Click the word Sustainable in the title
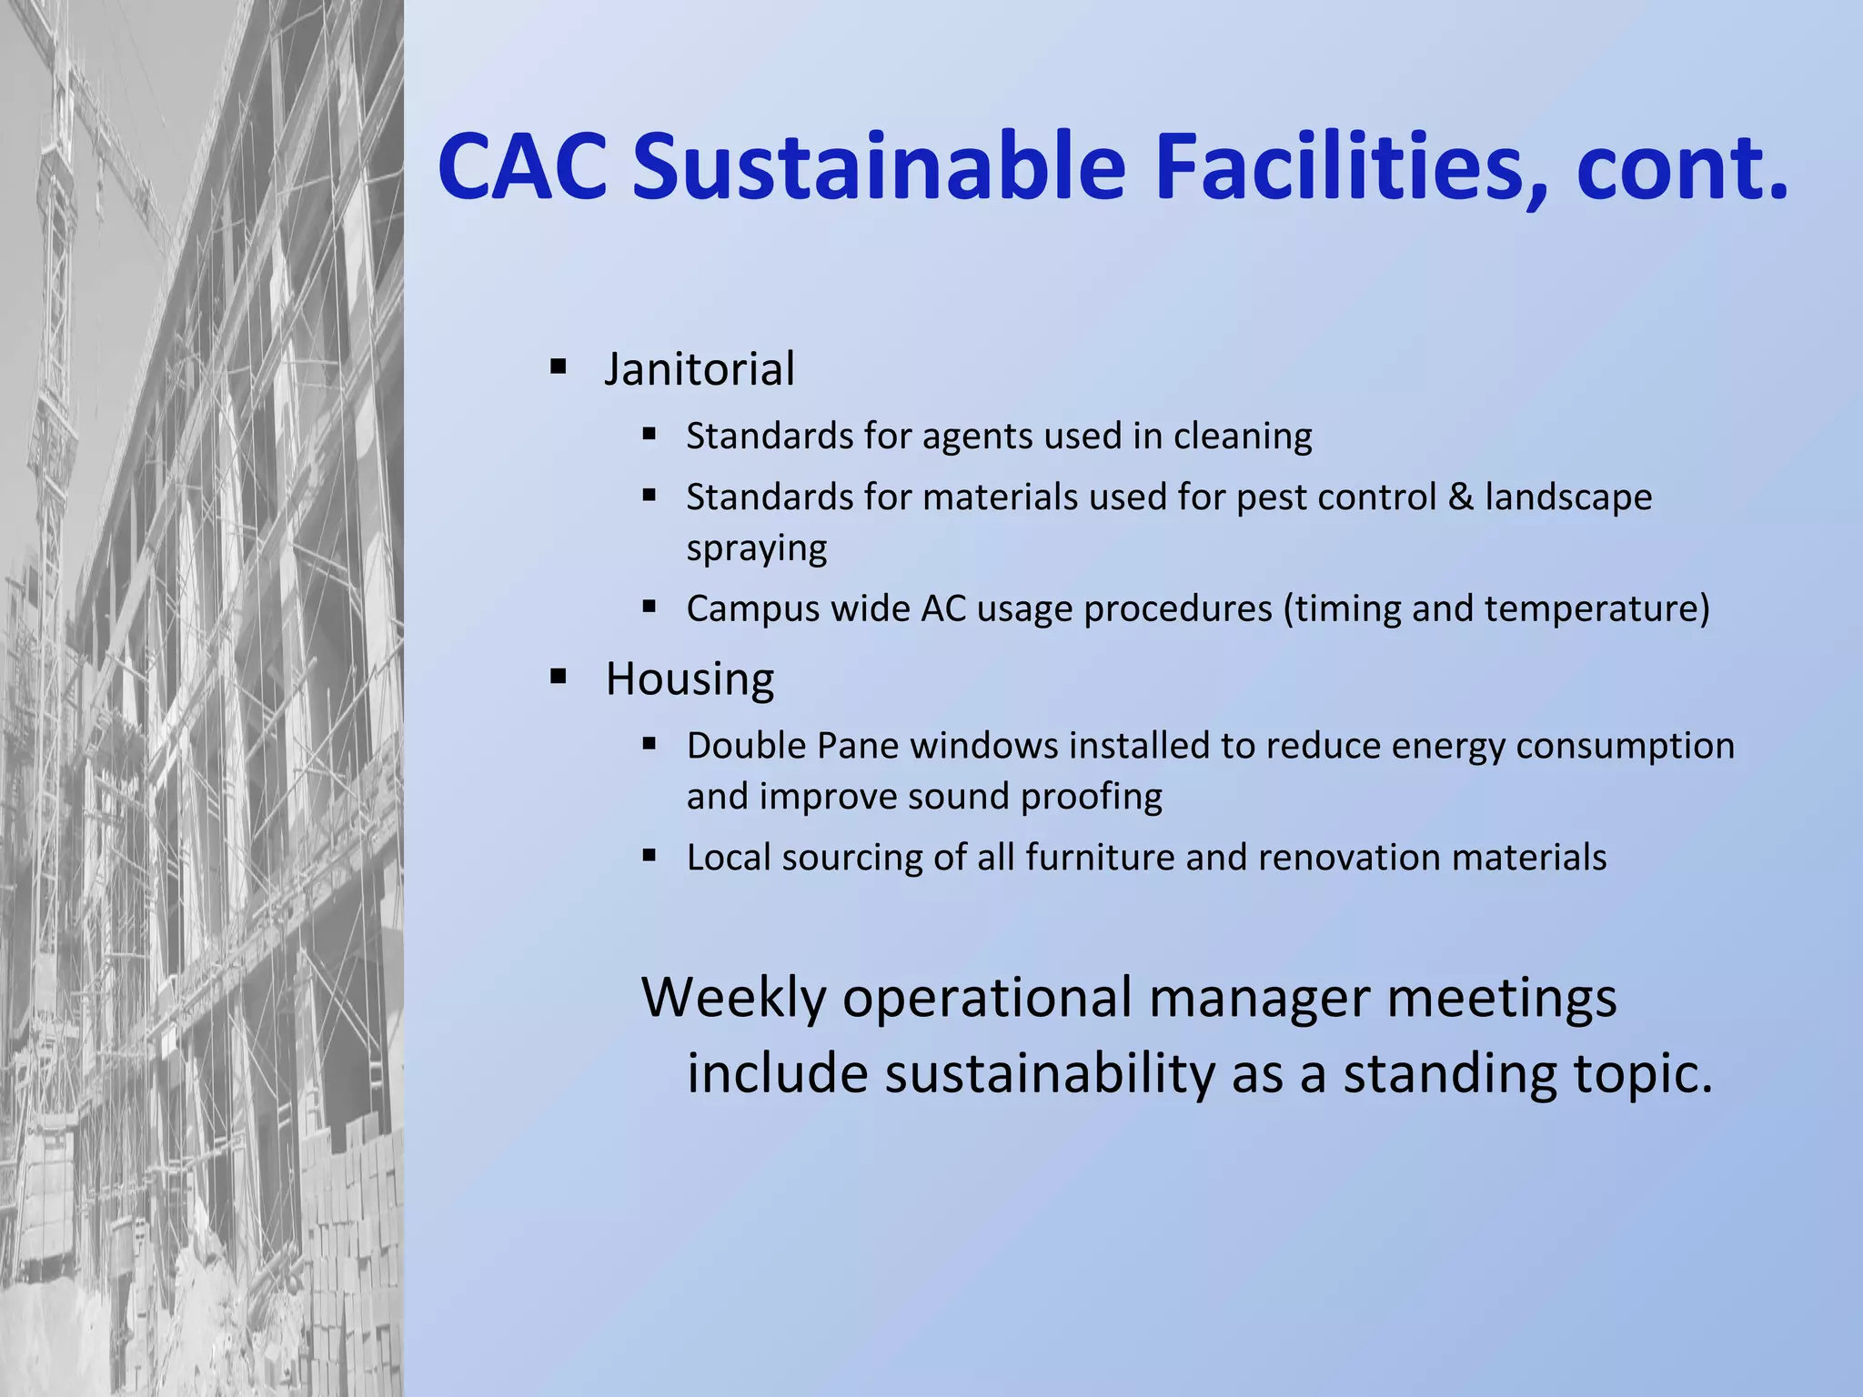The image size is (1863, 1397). point(879,168)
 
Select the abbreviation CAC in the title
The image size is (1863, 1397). point(522,168)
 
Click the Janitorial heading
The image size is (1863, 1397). point(700,369)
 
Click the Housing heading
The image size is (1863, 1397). point(690,679)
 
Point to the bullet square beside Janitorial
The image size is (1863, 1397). point(559,368)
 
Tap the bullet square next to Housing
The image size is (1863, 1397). point(559,678)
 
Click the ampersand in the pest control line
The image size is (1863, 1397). point(1460,497)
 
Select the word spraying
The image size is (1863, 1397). point(756,548)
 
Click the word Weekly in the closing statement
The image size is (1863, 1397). point(733,998)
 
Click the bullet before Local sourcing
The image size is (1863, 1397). point(649,856)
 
